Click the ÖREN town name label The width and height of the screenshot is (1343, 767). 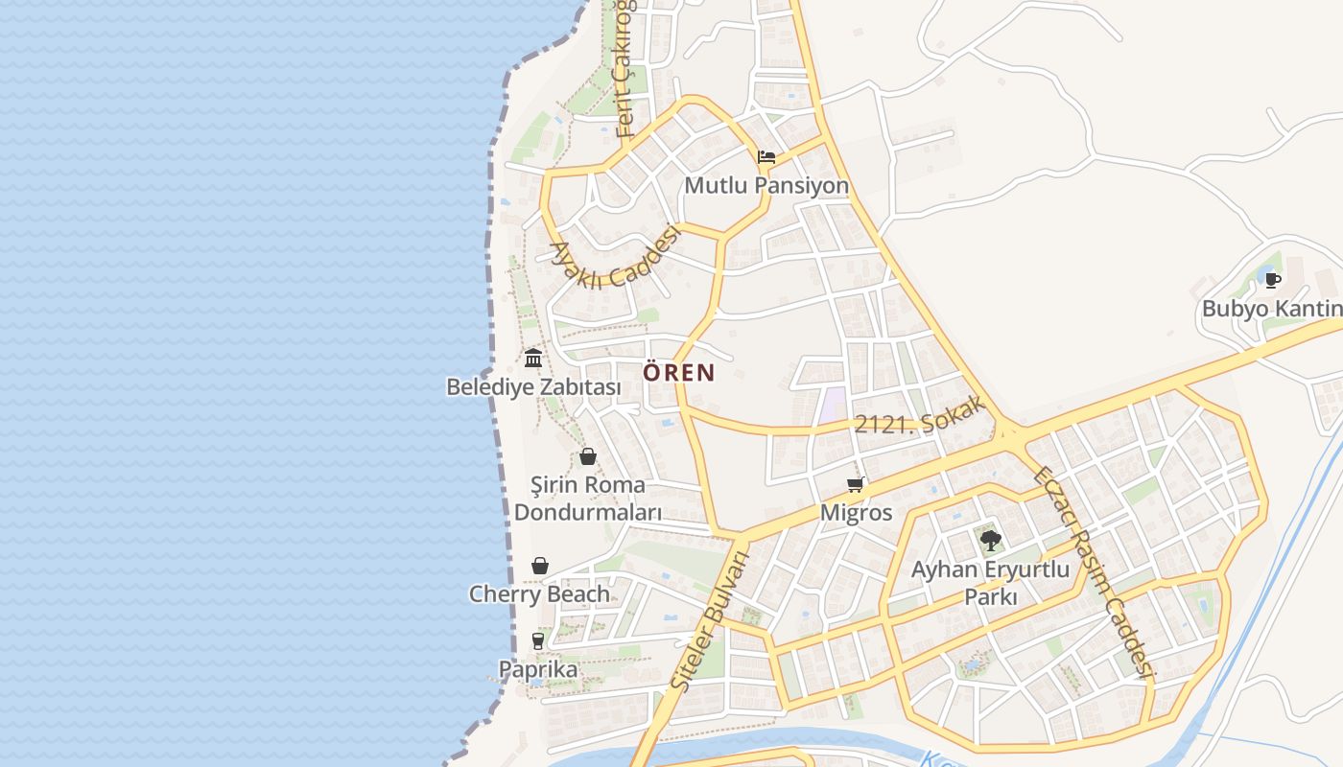679,372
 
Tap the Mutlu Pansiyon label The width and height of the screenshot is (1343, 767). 766,185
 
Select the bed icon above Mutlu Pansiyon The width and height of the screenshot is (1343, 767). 766,157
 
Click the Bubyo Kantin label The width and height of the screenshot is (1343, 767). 1272,309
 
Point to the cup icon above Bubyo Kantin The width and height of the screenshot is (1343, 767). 1272,280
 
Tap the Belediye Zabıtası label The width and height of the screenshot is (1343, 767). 533,387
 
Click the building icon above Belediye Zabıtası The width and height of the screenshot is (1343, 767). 533,359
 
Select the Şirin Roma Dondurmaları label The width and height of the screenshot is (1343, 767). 588,498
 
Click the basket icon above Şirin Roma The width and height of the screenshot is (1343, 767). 588,456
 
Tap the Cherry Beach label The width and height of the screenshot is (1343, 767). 539,593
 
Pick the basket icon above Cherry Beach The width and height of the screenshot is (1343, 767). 540,566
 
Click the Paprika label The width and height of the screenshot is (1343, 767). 538,668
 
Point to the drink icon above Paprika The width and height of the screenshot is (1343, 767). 538,640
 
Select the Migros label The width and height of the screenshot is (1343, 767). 856,513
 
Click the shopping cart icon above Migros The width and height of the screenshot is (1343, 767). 856,485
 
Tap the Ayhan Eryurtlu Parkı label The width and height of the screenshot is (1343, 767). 990,583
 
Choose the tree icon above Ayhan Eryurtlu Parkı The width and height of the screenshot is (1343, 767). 990,541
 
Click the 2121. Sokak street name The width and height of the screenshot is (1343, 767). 920,415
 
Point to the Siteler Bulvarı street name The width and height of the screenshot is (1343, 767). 710,621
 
